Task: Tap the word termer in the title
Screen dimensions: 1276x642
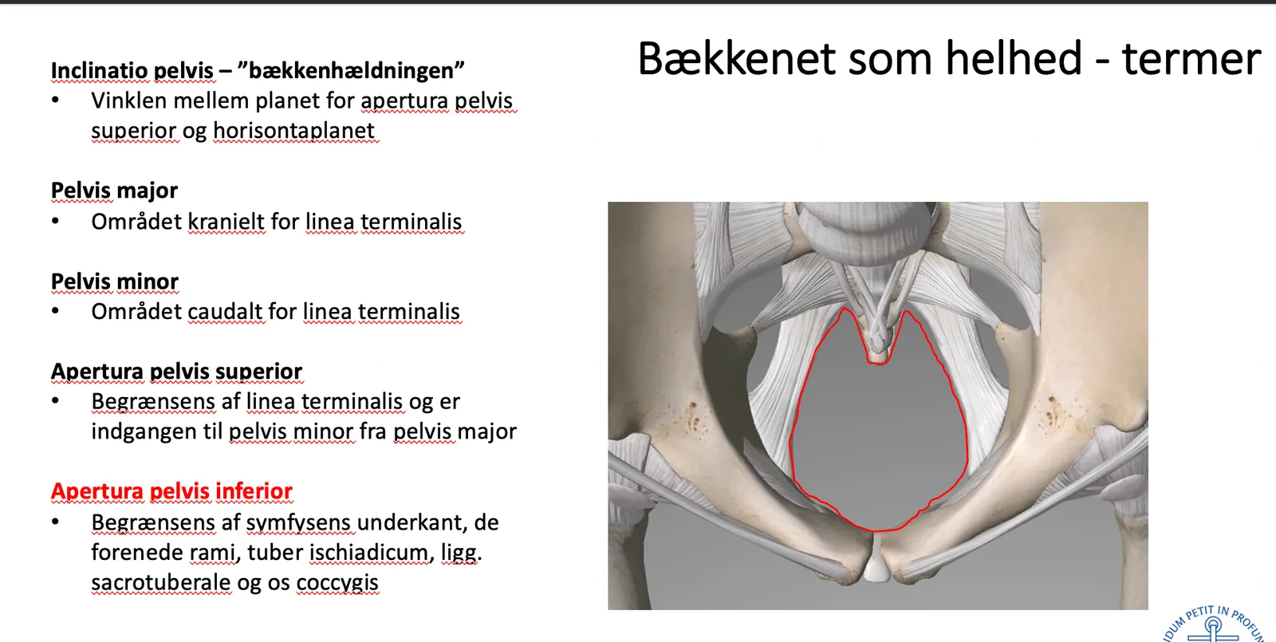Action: (x=1191, y=59)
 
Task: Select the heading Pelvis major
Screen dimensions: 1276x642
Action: (x=115, y=191)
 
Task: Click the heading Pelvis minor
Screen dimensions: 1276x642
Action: (x=115, y=282)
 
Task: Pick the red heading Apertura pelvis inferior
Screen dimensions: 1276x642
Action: (x=171, y=491)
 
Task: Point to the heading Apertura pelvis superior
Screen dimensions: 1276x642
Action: (x=176, y=372)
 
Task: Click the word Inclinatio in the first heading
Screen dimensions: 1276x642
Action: (x=100, y=71)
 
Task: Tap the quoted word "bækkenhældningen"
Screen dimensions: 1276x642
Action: (x=351, y=71)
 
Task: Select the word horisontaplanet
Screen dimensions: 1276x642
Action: (x=294, y=131)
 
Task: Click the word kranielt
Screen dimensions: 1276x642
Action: (x=226, y=222)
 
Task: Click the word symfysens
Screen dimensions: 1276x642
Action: (x=298, y=523)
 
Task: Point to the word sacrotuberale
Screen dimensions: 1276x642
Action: (x=161, y=583)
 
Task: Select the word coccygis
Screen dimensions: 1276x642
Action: (x=337, y=583)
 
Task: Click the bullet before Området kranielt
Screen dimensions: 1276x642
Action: (x=55, y=221)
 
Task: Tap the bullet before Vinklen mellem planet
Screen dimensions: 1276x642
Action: (x=55, y=100)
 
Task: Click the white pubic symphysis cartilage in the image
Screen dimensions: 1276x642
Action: (x=876, y=561)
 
